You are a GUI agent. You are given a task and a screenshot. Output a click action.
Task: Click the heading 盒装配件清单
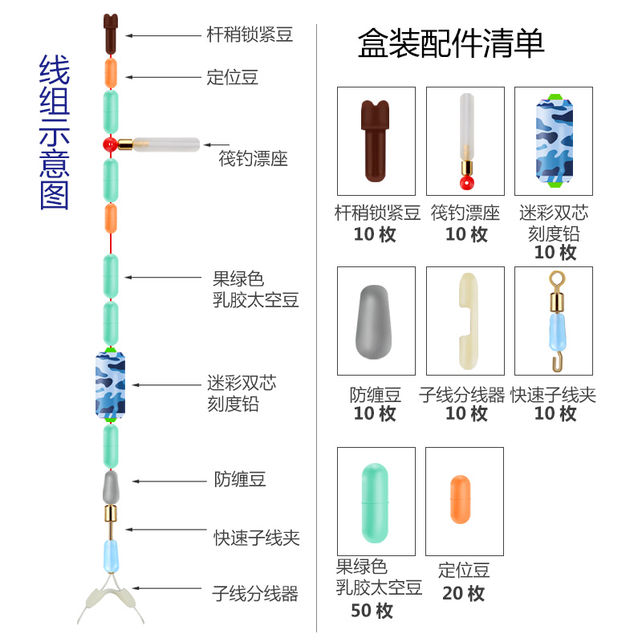click(x=451, y=43)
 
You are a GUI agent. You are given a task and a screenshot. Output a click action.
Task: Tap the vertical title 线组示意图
click(x=55, y=133)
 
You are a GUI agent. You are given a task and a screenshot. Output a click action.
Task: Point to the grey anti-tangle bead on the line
click(x=110, y=485)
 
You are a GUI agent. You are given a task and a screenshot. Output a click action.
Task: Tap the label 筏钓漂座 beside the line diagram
click(x=253, y=158)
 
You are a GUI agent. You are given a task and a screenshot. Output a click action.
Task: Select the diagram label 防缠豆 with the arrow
click(x=239, y=480)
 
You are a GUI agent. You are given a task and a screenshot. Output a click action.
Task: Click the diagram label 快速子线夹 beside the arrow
click(x=256, y=538)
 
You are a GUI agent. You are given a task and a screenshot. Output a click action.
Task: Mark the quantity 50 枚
click(x=372, y=611)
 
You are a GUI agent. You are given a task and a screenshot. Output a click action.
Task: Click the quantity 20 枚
click(x=464, y=594)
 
